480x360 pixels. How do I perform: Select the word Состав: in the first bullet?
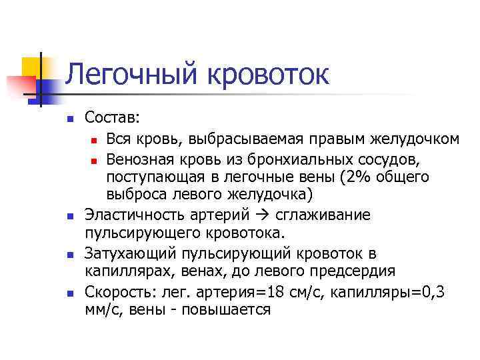click(x=113, y=118)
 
